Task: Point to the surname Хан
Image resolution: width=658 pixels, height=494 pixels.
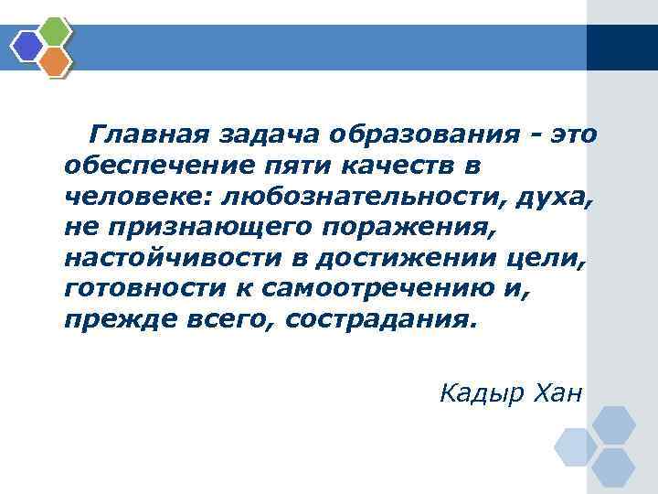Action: pos(553,392)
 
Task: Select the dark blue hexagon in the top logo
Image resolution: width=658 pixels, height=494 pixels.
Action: pos(28,45)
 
